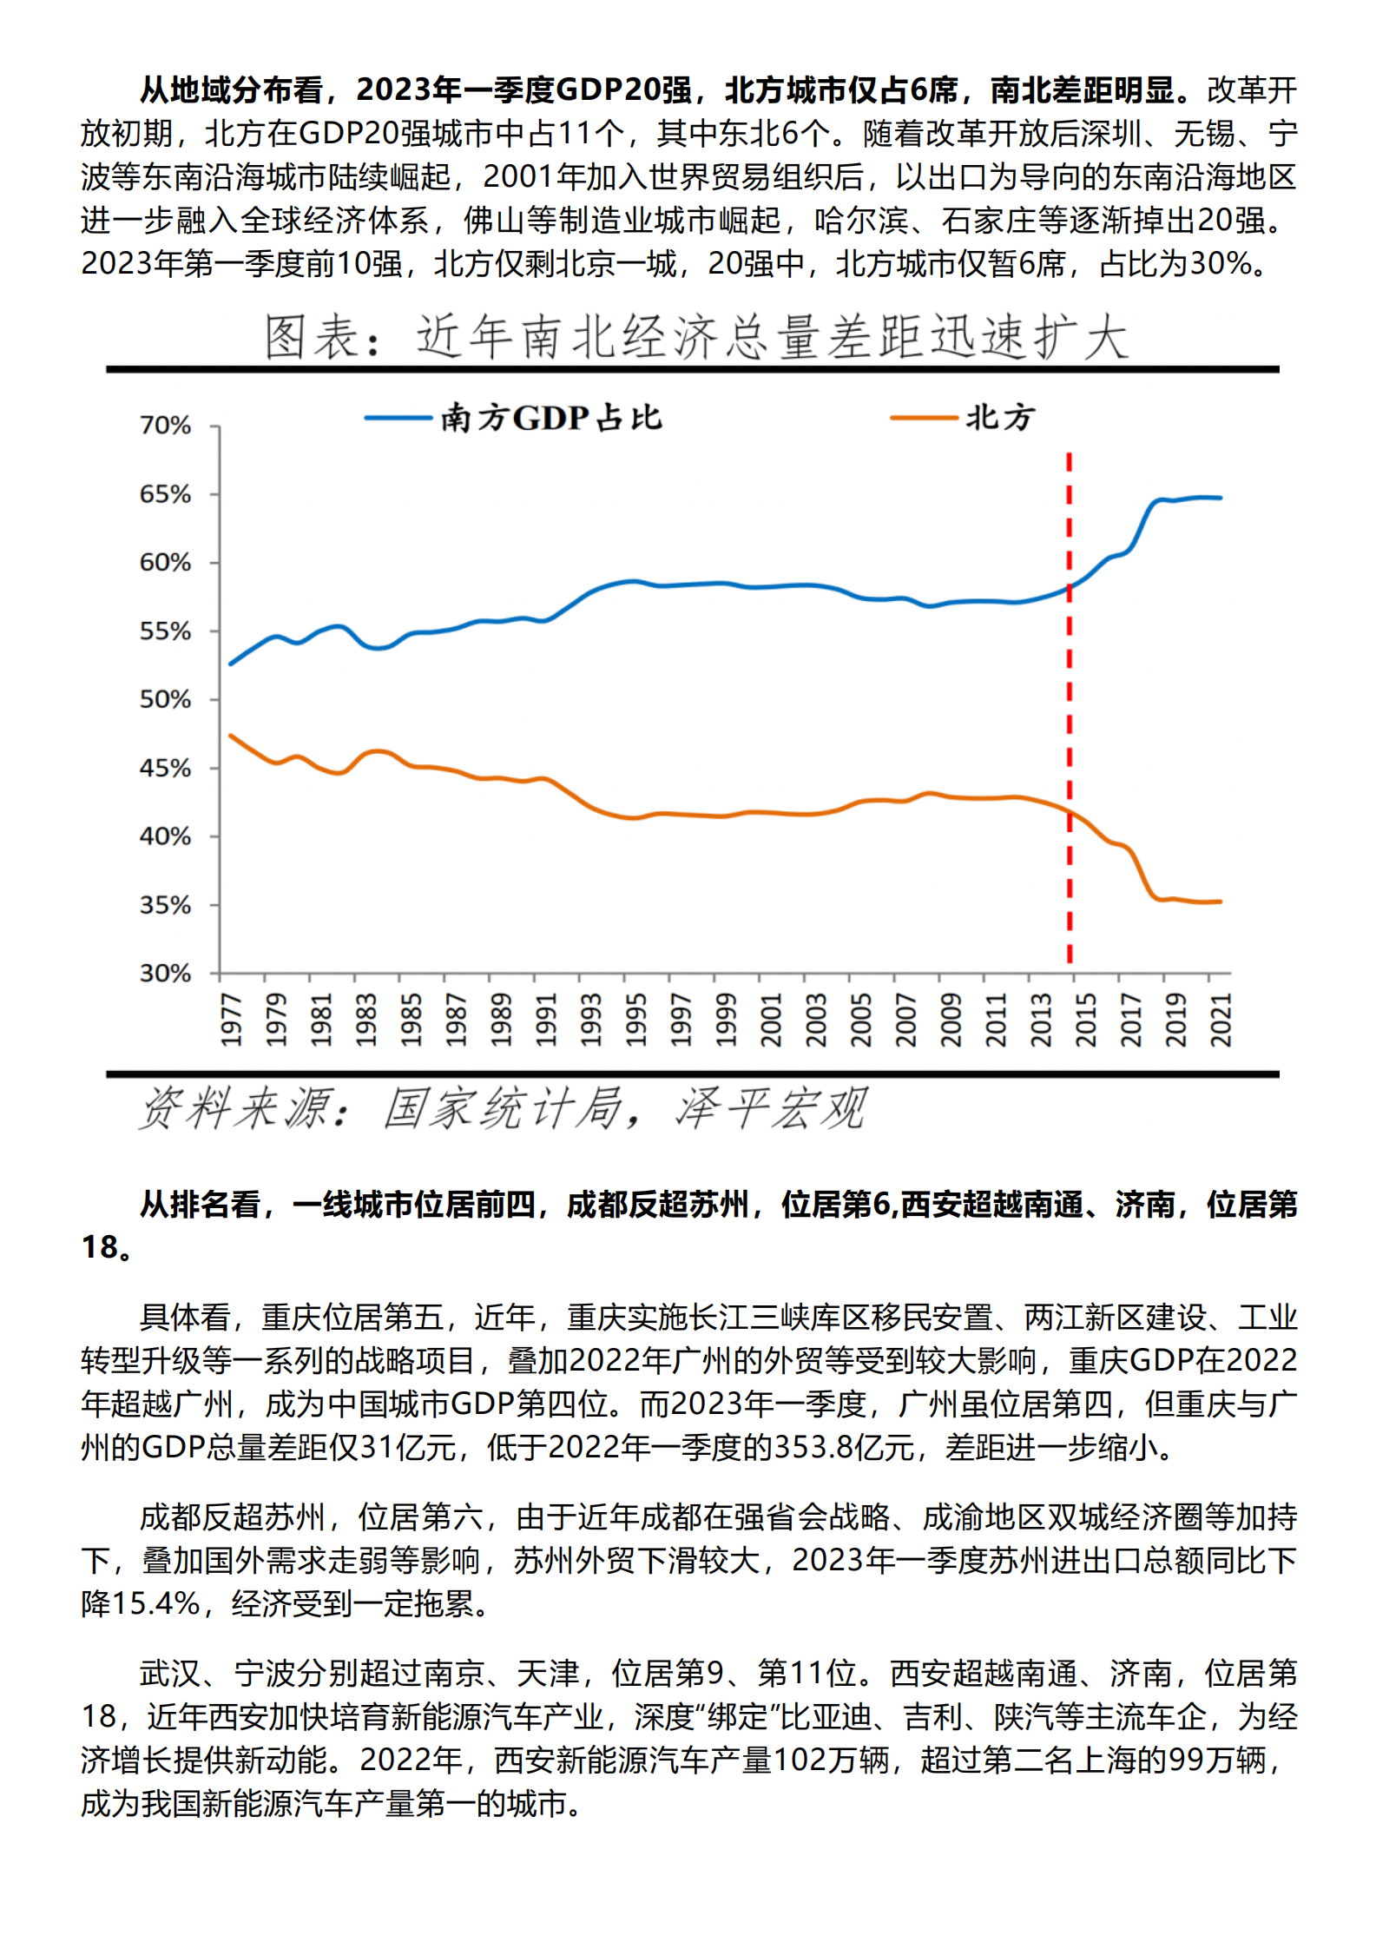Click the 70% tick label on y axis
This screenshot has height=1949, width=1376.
[165, 426]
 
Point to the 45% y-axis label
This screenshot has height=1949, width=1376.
[165, 768]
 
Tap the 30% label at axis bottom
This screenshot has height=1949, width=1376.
[165, 973]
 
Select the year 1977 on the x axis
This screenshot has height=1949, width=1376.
[230, 1020]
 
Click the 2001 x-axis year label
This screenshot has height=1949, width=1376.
[770, 1020]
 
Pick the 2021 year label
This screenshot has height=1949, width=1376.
[1221, 1020]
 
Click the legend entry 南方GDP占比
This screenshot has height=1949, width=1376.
[550, 418]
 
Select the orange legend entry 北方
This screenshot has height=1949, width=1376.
[998, 418]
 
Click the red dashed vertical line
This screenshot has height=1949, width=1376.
[1069, 695]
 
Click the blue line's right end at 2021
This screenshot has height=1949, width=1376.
[1220, 498]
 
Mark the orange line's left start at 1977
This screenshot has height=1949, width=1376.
[231, 736]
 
